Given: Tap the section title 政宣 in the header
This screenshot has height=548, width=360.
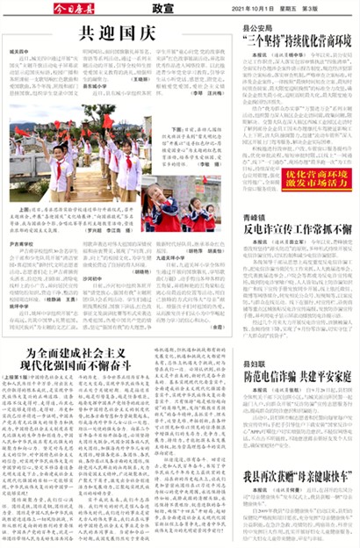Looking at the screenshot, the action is pos(161,8).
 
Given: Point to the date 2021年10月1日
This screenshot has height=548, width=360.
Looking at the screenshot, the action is pos(255,8).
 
